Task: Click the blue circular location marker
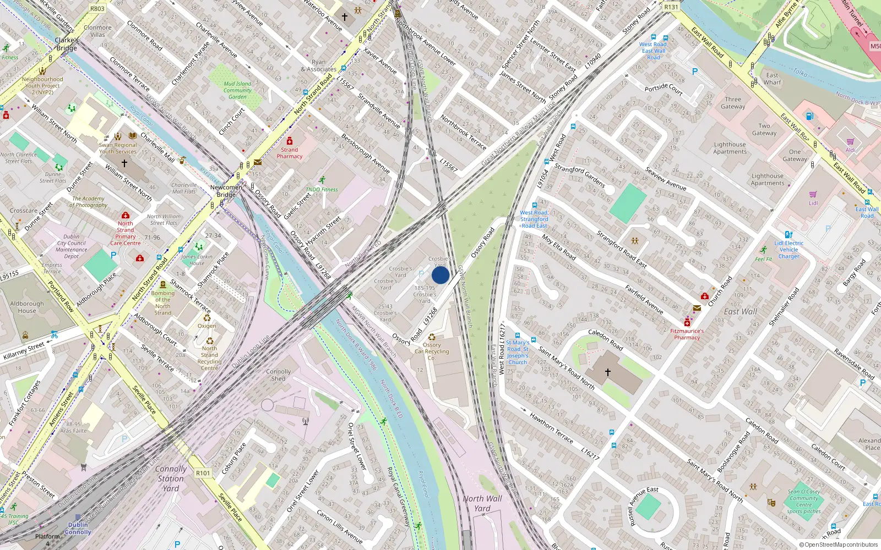tap(440, 275)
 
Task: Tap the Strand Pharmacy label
tap(290, 153)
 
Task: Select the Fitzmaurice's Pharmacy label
tap(687, 334)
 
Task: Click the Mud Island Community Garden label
tap(237, 90)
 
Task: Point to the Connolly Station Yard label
tap(171, 479)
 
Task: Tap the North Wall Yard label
tap(482, 503)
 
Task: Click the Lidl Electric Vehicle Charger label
tap(788, 250)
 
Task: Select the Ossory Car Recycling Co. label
tap(432, 351)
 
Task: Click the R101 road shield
tap(203, 473)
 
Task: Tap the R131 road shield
tap(671, 7)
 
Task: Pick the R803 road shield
tap(97, 9)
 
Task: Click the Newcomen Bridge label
tap(226, 191)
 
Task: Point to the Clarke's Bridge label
tap(67, 44)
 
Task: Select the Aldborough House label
tap(26, 307)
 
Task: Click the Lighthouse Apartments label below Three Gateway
tap(730, 148)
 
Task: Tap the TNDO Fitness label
tap(322, 189)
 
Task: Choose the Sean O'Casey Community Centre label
tap(804, 501)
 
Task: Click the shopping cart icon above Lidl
tap(813, 195)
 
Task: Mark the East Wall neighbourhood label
tap(740, 311)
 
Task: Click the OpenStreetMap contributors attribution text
tap(839, 544)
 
